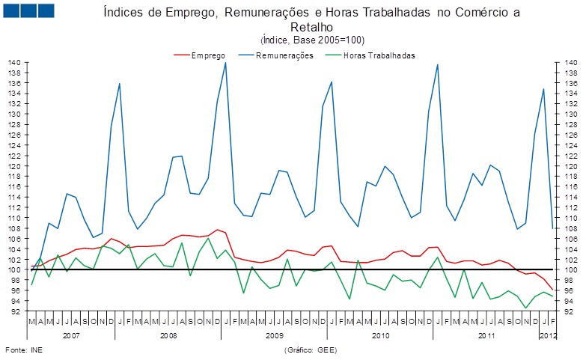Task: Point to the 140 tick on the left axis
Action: (15, 62)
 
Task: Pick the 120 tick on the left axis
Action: (15, 165)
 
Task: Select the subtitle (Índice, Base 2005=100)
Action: (312, 40)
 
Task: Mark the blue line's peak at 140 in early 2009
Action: (225, 62)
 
